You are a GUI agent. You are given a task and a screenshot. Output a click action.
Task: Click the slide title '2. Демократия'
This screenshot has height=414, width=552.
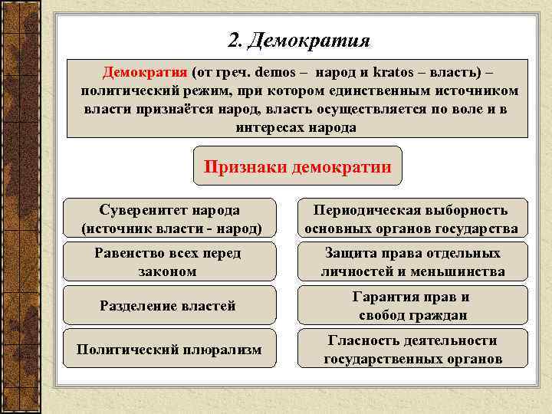point(299,40)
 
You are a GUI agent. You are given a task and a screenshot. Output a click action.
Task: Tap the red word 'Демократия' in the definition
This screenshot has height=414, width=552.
point(145,73)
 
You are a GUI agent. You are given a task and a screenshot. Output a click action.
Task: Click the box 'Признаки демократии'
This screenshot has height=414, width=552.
point(297,166)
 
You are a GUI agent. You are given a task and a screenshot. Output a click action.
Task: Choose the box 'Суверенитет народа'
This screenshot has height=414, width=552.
point(169,219)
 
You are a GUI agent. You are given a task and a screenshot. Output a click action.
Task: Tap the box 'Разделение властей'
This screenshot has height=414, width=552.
point(167,306)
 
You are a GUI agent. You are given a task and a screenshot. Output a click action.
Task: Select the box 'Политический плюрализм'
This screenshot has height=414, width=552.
point(169,350)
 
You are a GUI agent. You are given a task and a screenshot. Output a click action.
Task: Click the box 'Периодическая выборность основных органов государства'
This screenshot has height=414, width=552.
point(412,219)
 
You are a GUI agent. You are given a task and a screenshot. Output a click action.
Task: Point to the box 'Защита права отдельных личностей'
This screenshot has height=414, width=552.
point(412,261)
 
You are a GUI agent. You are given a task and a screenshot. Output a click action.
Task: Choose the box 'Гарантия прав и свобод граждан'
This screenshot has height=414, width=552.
point(412,306)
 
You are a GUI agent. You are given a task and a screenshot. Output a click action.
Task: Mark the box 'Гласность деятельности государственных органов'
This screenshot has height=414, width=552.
point(412,350)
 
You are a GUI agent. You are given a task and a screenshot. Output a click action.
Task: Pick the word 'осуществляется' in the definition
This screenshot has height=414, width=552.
point(350,109)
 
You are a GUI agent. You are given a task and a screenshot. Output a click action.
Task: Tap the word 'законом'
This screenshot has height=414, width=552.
point(167,271)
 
